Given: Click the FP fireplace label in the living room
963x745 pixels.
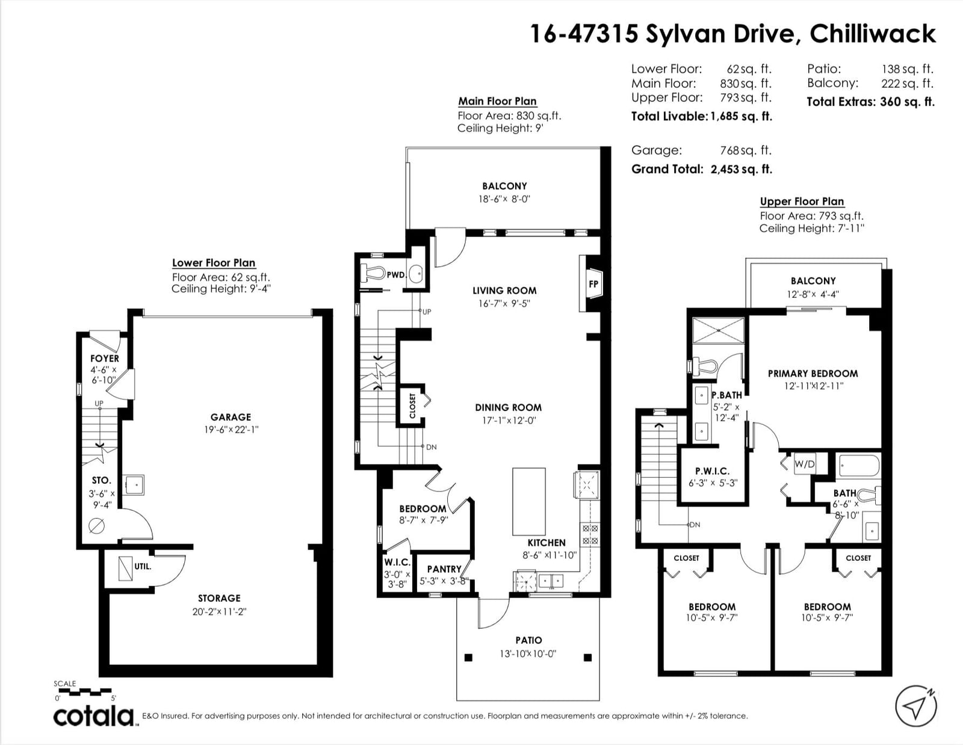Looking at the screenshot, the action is pos(593,285).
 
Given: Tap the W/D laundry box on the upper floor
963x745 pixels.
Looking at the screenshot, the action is pos(804,464).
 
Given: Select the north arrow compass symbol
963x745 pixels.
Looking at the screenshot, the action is pos(916,706).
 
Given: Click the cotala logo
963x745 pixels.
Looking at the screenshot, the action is pos(94,716).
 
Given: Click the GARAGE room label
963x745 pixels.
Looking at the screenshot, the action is pos(231,417).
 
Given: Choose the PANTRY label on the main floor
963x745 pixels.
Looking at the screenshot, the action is pos(444,569).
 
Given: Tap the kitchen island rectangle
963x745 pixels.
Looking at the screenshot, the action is pos(528,501).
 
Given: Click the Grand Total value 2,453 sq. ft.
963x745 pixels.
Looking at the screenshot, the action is pos(741,169).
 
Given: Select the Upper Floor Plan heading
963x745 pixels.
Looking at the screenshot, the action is pos(802,202).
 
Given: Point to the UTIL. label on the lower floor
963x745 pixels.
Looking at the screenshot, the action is pos(143,566).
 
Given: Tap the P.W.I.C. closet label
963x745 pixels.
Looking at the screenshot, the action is pos(712,471).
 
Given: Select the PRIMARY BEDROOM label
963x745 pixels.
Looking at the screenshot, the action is pos(813,374).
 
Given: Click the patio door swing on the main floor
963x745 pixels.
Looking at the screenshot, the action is pos(494,613).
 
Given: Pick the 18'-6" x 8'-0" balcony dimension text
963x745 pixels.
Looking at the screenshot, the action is pos(504,199).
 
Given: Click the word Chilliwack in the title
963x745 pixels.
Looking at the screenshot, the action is pos(873,34).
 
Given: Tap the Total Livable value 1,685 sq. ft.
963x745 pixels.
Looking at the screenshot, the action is pos(741,117).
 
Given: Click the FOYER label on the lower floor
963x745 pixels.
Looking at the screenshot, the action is pos(105,359).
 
